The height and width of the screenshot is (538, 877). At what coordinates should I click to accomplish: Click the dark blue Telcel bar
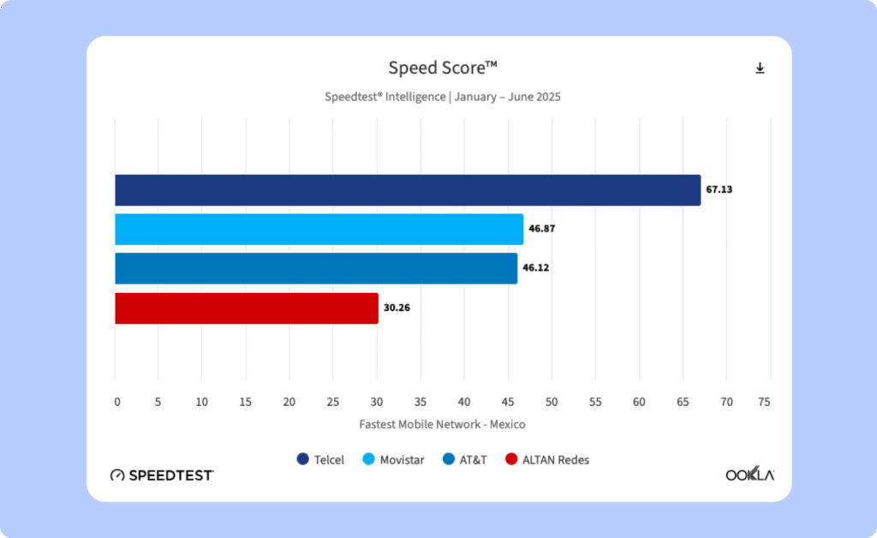coord(408,190)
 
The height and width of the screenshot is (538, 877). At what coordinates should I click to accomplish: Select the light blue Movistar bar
coord(319,230)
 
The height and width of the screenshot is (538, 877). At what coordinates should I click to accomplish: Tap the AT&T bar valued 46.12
coord(316,268)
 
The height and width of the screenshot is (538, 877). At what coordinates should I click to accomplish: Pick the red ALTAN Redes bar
coord(247,308)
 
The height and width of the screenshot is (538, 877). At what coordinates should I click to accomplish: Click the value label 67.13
coord(720,189)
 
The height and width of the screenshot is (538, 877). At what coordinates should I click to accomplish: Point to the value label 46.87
coord(542,230)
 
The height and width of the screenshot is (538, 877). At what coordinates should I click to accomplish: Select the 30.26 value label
coord(397,308)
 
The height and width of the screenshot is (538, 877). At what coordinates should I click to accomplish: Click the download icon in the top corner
coord(760,69)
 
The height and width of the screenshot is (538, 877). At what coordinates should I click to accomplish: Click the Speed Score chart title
coord(442,69)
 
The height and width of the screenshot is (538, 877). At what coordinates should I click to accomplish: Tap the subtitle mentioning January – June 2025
coord(442,97)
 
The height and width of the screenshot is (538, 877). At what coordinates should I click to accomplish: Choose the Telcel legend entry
coord(320,460)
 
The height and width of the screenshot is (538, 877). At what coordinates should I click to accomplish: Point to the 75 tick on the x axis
coord(764,402)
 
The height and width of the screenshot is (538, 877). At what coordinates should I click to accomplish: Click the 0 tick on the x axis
coord(117,402)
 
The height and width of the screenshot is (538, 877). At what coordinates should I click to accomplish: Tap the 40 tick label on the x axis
coord(463,402)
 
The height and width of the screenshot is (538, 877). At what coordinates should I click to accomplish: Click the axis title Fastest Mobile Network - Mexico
coord(442,424)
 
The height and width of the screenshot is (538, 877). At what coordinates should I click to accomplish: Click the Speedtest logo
coord(162,475)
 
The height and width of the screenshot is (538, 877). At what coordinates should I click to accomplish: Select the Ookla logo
coord(749,475)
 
